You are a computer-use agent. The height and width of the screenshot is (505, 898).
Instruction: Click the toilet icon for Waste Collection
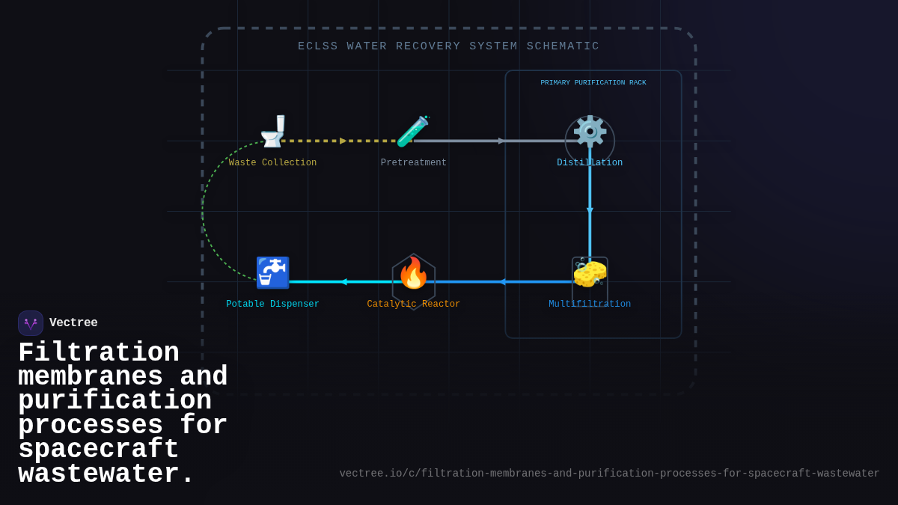(273, 132)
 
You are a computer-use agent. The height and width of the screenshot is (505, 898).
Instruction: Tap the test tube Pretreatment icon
(412, 132)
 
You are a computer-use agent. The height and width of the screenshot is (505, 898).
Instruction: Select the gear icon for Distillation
(590, 132)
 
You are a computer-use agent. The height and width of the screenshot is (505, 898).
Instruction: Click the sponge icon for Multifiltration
(590, 273)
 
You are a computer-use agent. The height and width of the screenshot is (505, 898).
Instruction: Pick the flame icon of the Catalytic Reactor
(413, 273)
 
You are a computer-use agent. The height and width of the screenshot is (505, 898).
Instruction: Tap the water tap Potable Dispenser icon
(272, 272)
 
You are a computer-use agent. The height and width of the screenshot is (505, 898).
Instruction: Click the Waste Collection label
(272, 163)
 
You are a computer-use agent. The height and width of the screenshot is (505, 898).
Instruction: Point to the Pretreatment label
(413, 163)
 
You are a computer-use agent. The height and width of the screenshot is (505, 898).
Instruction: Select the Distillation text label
(590, 163)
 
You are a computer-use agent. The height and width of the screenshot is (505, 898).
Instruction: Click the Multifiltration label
(590, 304)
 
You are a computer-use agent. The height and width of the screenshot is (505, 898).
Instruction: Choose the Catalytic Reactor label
(413, 304)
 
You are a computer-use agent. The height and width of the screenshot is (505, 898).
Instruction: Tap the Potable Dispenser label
(272, 304)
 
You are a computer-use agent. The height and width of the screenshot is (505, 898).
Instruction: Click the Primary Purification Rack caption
(593, 83)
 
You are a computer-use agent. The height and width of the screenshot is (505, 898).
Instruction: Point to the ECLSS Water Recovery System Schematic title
(448, 46)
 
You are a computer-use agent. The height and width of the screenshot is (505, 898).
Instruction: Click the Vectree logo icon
(31, 323)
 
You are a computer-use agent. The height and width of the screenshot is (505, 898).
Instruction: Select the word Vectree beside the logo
(73, 323)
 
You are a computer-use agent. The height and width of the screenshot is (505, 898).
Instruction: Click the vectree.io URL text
(609, 474)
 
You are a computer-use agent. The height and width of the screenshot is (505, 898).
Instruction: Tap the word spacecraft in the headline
(98, 450)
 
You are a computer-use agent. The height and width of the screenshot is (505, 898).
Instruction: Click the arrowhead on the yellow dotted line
(343, 141)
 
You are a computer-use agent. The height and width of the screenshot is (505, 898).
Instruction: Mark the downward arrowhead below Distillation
(590, 211)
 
